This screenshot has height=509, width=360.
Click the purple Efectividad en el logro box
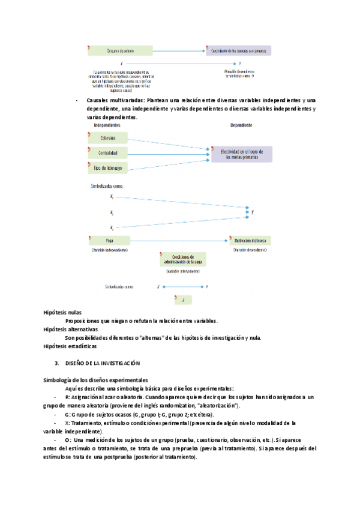241,154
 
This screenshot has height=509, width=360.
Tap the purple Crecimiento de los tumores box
239,50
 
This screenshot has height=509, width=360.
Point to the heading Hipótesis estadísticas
70,346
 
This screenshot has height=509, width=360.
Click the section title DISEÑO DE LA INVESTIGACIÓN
102,364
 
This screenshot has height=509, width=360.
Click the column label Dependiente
241,125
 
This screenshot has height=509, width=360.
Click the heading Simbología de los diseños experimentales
95,381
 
